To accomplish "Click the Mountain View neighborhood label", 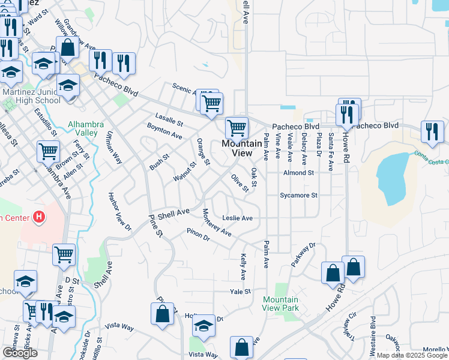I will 237,148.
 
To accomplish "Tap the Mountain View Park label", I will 280,304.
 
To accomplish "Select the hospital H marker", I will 39,216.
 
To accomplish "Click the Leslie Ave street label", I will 237,218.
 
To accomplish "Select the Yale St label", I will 240,292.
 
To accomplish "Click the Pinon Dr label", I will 197,235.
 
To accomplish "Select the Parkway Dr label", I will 304,254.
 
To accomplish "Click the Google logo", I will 20,353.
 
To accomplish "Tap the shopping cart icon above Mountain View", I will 237,128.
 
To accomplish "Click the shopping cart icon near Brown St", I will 49,151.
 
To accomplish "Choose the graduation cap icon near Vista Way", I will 204,326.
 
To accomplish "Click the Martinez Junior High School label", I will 31,96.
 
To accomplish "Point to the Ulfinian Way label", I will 113,148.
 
